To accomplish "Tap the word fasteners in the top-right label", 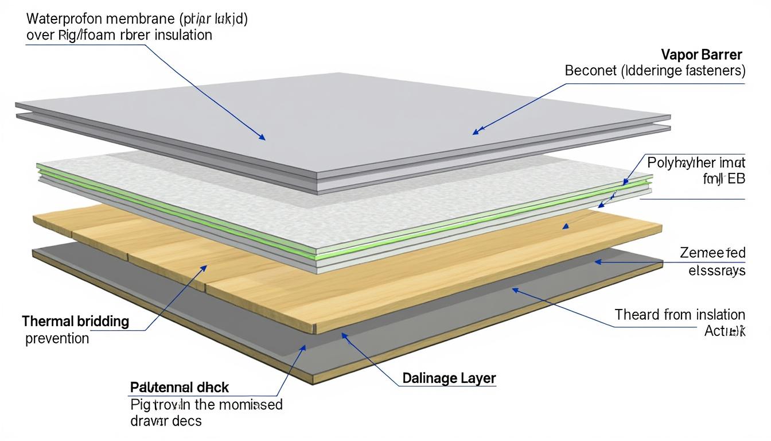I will pos(715,71).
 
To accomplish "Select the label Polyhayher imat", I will pos(696,163).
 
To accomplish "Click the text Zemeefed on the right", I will pos(712,253).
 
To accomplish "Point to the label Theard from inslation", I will pos(680,315).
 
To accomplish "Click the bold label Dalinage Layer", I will pos(449,378).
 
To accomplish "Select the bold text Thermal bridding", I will pos(75,321).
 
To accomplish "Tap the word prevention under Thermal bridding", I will pos(57,338).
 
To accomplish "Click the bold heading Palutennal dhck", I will pos(180,387).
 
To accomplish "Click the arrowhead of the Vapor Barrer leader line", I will pos(474,133).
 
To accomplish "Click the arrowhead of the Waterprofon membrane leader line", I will pos(263,138).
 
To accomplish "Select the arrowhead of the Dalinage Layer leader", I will pos(343,335).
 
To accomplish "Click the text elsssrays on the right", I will pos(717,270).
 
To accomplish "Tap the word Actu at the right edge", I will pos(724,331).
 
